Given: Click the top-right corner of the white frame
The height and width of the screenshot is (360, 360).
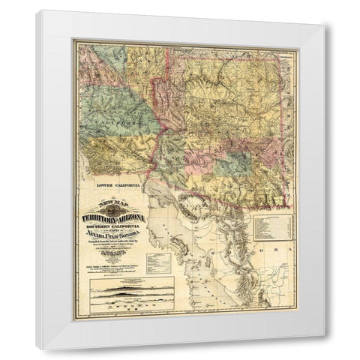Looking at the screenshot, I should click(325, 10).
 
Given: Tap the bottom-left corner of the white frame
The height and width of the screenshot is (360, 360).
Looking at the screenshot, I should click(35, 349).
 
